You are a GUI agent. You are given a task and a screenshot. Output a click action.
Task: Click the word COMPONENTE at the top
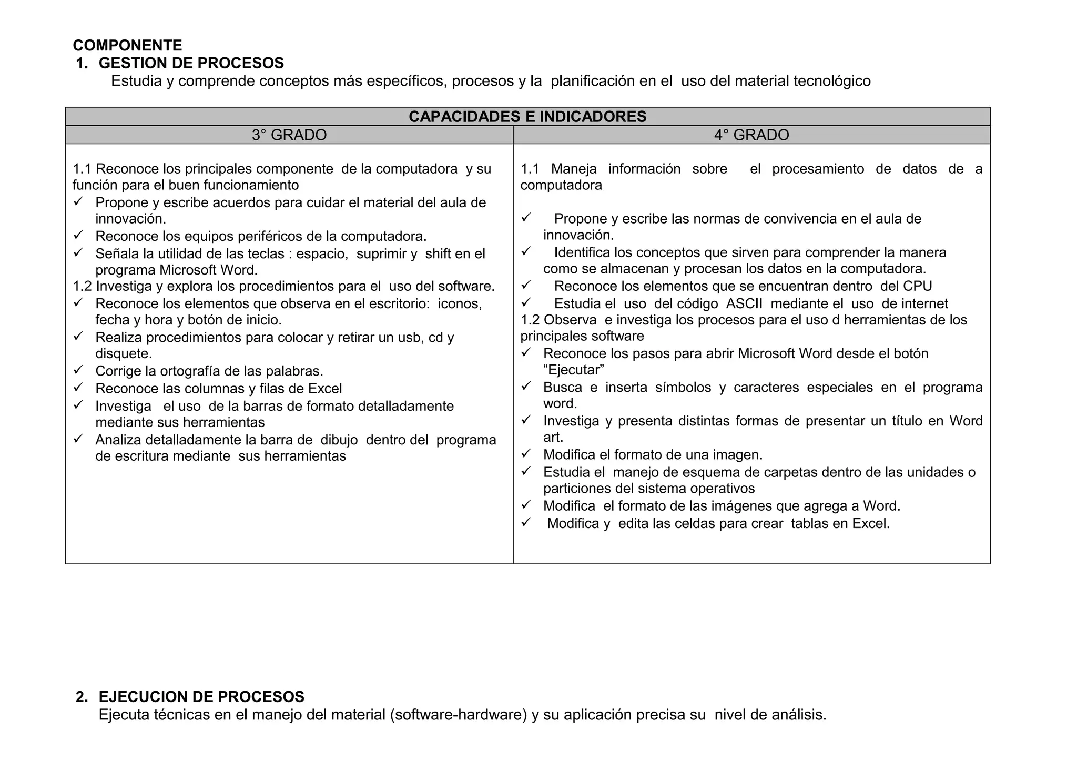(x=127, y=45)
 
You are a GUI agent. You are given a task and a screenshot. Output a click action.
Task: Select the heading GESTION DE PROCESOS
(x=191, y=63)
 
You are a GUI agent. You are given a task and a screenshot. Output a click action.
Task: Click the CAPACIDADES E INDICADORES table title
(x=527, y=116)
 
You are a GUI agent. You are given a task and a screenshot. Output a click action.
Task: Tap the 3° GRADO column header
(x=289, y=135)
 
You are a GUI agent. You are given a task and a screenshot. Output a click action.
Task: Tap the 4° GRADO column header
(x=751, y=135)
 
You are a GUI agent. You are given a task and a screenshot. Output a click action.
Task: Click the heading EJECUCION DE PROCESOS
(x=201, y=697)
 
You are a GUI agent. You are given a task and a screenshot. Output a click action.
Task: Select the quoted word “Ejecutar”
(x=574, y=370)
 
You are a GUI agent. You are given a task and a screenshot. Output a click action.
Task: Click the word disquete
(x=124, y=353)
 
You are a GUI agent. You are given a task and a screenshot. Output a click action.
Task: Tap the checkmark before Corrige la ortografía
(x=78, y=370)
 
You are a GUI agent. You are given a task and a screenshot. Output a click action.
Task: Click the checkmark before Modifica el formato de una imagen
(x=526, y=453)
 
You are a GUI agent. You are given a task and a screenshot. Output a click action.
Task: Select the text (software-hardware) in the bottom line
(x=459, y=715)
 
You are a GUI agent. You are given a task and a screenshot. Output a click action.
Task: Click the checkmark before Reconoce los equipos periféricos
(x=78, y=235)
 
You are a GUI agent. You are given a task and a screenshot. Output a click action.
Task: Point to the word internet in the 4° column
(x=924, y=303)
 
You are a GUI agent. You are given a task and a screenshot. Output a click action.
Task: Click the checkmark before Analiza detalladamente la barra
(x=78, y=439)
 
